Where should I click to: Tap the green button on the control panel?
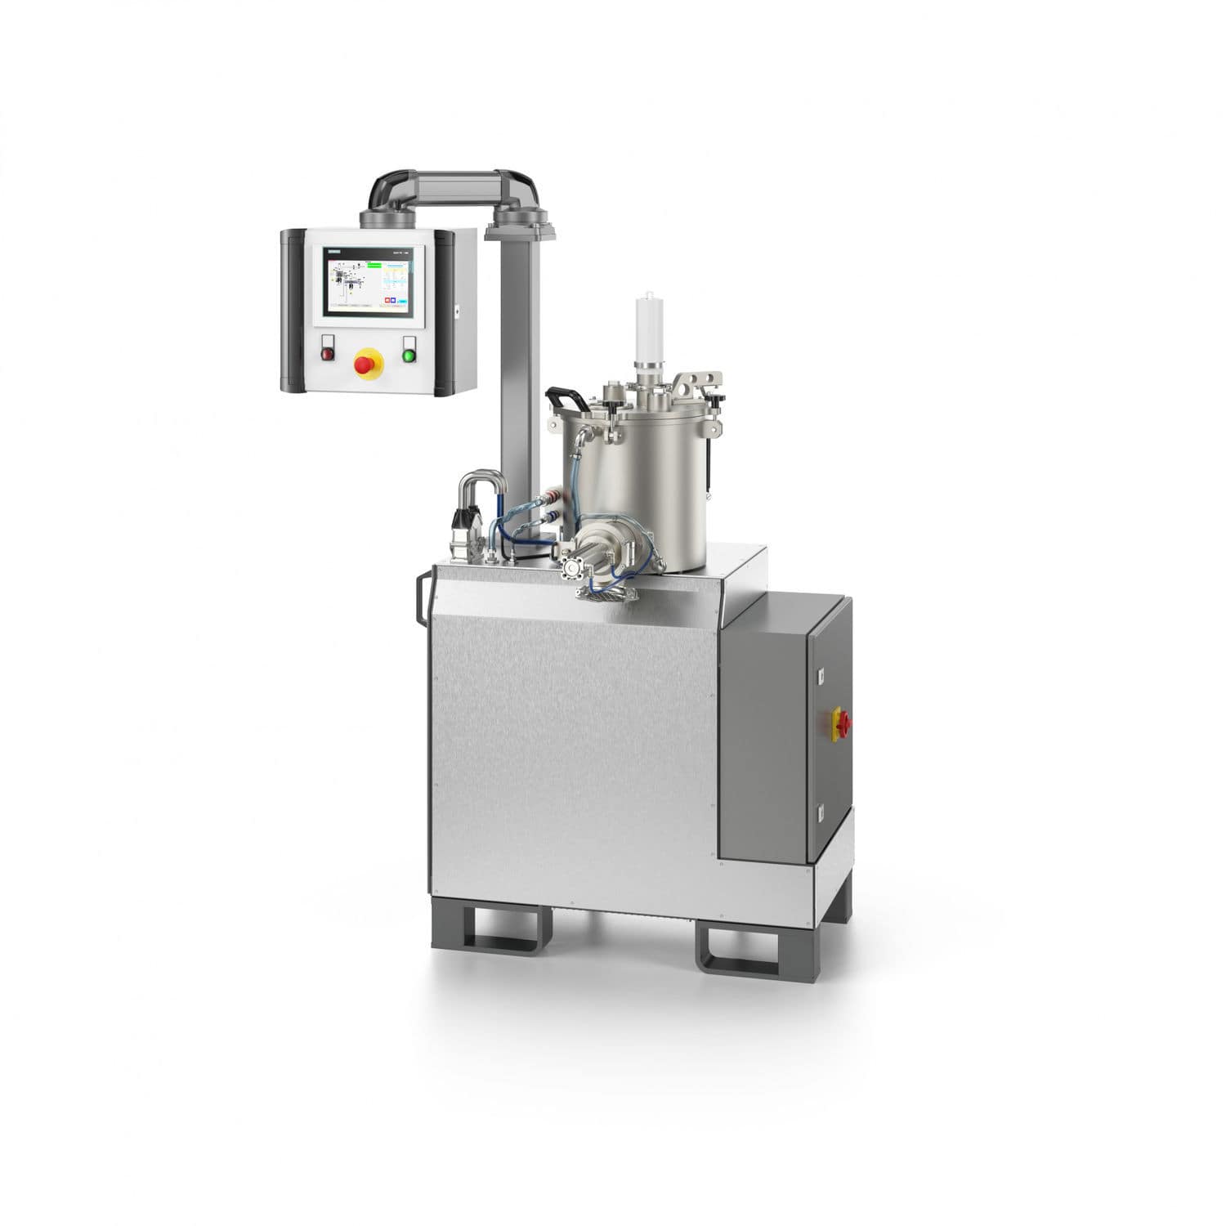pyautogui.click(x=409, y=355)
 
